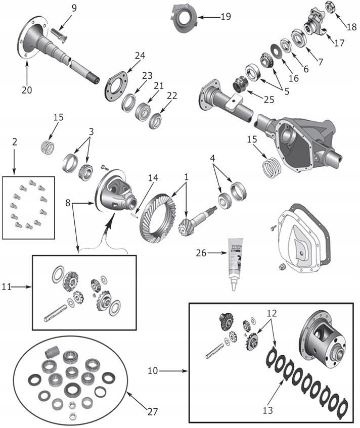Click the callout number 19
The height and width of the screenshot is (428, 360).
point(226,17)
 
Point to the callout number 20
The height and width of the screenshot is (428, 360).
point(26,89)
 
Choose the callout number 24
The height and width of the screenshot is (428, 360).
point(140,55)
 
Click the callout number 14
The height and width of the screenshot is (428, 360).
point(153,177)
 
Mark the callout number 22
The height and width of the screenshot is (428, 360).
point(172,96)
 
